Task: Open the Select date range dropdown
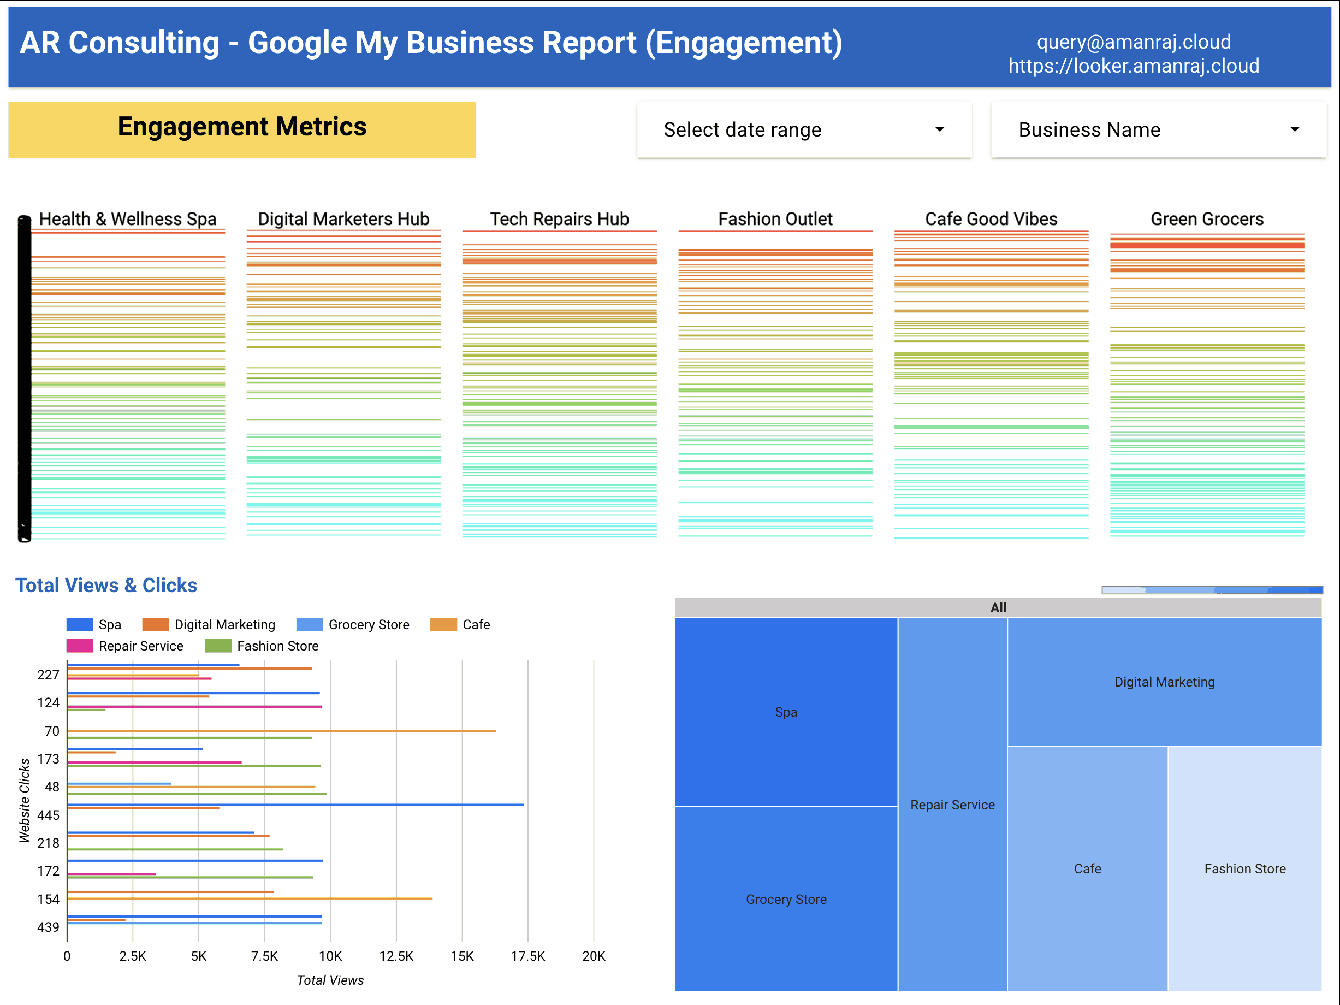(803, 129)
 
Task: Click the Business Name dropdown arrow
(1295, 129)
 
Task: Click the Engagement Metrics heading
(242, 127)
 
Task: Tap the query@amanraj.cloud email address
(1134, 42)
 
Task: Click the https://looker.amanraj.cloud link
(1134, 66)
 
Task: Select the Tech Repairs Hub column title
(559, 218)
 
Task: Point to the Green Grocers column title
(1207, 218)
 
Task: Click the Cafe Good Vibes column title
(991, 218)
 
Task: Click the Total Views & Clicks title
(106, 585)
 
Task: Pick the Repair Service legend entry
(140, 646)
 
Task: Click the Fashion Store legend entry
(277, 646)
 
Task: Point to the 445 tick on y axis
(49, 815)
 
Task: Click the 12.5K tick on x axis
(396, 956)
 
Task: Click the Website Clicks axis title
(24, 800)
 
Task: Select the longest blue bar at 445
(295, 805)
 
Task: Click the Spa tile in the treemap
(786, 712)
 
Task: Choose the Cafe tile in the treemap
(1087, 868)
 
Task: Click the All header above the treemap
(998, 607)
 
